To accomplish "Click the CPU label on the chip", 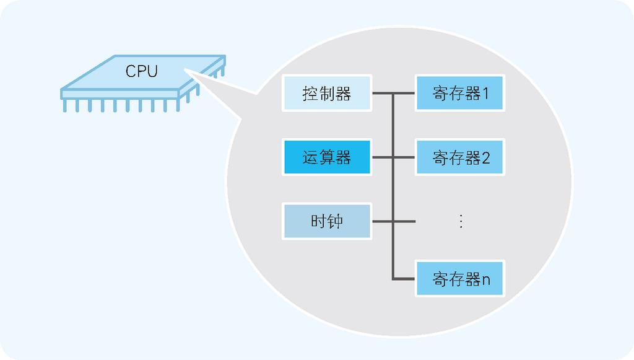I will [x=141, y=71].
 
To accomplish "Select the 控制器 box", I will [x=326, y=94].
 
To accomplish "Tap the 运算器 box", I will [x=326, y=157].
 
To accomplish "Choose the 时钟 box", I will [x=326, y=221].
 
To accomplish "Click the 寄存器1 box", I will [x=460, y=94].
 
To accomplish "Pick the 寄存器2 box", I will [x=460, y=157].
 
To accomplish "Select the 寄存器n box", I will [x=460, y=279].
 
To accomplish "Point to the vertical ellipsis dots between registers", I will [x=460, y=221].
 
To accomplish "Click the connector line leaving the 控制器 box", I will [x=381, y=94].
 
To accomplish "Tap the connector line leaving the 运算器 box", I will [x=381, y=157].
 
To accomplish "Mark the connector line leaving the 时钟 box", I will [x=381, y=221].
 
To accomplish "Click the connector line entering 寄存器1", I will [x=405, y=94].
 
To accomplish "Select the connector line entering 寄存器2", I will [x=405, y=157].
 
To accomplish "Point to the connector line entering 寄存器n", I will [x=405, y=279].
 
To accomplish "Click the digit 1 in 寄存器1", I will [x=485, y=94].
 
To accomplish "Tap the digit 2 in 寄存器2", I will [x=485, y=158].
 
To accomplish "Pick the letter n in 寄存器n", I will [x=486, y=280].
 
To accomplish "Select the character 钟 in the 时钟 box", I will [x=335, y=221].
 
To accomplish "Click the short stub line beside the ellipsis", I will [x=405, y=221].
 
